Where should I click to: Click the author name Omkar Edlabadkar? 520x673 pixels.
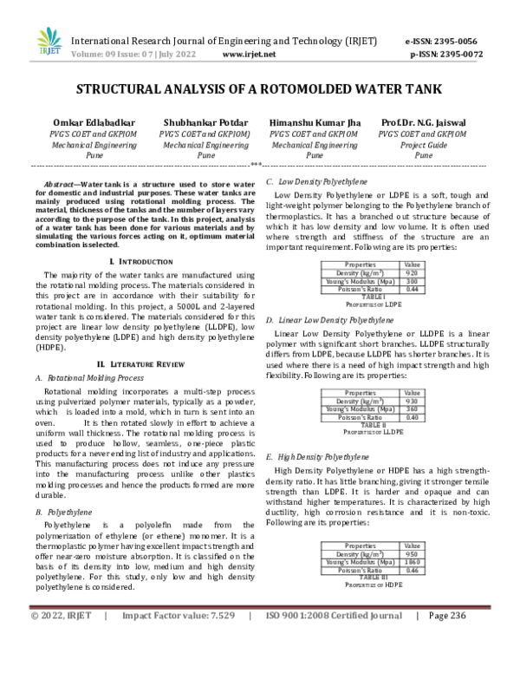tap(93, 123)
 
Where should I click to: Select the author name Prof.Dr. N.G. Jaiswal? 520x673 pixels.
tap(423, 123)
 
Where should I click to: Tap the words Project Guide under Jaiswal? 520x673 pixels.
tap(423, 146)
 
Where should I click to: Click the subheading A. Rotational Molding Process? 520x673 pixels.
tap(90, 378)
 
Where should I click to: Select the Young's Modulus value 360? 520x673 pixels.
tap(412, 409)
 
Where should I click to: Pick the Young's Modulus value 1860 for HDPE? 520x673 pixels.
tap(412, 563)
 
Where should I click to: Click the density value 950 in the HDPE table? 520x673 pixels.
tap(412, 554)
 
